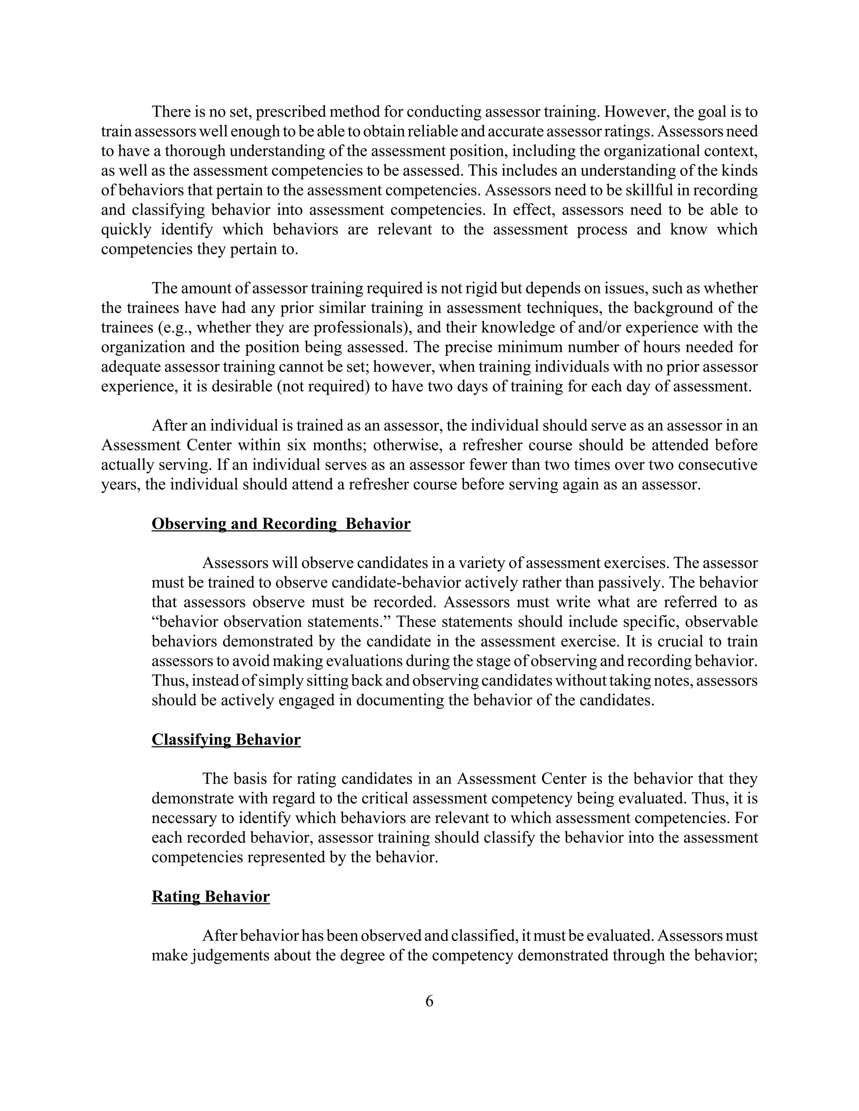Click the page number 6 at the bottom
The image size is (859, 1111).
429,1001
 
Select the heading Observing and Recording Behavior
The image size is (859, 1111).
281,524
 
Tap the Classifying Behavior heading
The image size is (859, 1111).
226,740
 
